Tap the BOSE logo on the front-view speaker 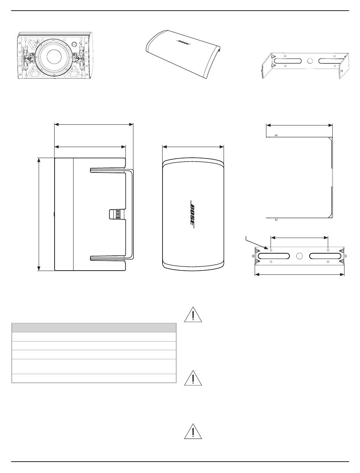tap(192, 214)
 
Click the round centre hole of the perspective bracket tap(310, 60)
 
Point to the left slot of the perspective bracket tap(288, 61)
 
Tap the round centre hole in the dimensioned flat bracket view tap(299, 256)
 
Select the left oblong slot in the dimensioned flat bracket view tap(273, 256)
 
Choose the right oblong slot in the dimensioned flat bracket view tap(325, 256)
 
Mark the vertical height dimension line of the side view tap(39, 214)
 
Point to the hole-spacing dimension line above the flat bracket tap(299, 237)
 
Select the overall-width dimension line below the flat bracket tap(299, 275)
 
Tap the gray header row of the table tap(94, 327)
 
